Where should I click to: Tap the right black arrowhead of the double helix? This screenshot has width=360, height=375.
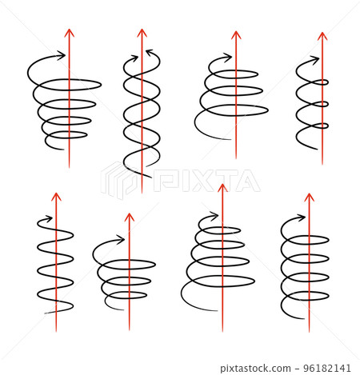[x=150, y=52]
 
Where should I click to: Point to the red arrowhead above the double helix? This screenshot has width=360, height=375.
[x=142, y=33]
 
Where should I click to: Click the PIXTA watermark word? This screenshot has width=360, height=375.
[x=206, y=181]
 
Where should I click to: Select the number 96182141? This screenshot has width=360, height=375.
[x=327, y=368]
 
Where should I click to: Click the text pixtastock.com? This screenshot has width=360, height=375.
[x=255, y=369]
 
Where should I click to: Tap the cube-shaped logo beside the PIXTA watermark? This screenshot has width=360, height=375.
[x=118, y=180]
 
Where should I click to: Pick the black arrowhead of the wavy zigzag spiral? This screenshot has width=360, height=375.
[x=49, y=219]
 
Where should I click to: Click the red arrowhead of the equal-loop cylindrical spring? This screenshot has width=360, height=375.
[x=309, y=197]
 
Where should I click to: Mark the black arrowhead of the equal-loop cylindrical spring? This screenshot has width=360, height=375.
[x=302, y=217]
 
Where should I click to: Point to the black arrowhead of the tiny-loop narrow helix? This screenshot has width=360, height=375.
[x=315, y=60]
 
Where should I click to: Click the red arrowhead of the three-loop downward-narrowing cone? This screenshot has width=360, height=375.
[x=130, y=217]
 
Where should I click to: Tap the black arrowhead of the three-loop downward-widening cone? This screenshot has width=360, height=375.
[x=227, y=58]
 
